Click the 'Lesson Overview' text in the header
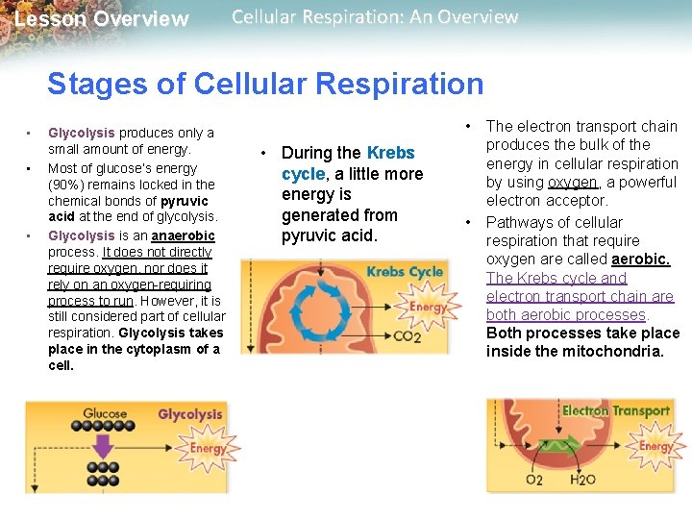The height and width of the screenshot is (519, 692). tap(102, 19)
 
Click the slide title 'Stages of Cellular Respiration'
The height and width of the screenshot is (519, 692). tap(265, 84)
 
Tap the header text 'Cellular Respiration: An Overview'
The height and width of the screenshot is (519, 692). tap(375, 17)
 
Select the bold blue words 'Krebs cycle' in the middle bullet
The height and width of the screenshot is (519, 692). tap(348, 163)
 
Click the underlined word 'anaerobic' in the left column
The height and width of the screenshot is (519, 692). tap(183, 235)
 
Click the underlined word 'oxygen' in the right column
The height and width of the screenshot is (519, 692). tap(572, 182)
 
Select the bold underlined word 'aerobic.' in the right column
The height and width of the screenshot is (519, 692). tap(640, 259)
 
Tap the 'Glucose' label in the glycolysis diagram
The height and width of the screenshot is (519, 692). tap(105, 414)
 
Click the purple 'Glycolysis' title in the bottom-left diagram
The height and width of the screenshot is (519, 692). tap(189, 415)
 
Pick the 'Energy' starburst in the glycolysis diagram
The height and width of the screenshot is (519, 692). tap(208, 448)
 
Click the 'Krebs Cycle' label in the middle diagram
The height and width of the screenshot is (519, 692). tap(405, 272)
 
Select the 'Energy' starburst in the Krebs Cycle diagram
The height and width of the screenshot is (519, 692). tap(429, 308)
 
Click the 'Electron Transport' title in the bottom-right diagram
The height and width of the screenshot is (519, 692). tap(616, 410)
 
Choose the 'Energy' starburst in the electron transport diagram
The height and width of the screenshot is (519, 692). tap(656, 446)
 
